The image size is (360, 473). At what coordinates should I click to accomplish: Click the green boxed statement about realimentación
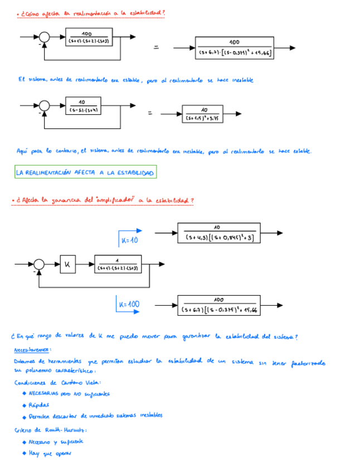pyautogui.click(x=85, y=173)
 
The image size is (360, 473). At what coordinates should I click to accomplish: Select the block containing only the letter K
pyautogui.click(x=67, y=263)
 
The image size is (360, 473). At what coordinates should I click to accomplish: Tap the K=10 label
pyautogui.click(x=129, y=240)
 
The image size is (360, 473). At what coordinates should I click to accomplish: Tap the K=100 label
pyautogui.click(x=129, y=305)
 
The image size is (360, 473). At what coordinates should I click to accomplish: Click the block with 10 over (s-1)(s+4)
pyautogui.click(x=81, y=105)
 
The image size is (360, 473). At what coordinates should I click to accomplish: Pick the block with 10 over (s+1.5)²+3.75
pyautogui.click(x=204, y=114)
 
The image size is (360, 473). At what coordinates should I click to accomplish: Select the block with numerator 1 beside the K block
pyautogui.click(x=118, y=263)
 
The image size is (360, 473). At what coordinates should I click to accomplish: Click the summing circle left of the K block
pyautogui.click(x=40, y=263)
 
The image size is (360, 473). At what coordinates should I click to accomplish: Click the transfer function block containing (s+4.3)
pyautogui.click(x=220, y=233)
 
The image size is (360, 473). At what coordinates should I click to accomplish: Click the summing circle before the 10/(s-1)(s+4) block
pyautogui.click(x=44, y=105)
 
